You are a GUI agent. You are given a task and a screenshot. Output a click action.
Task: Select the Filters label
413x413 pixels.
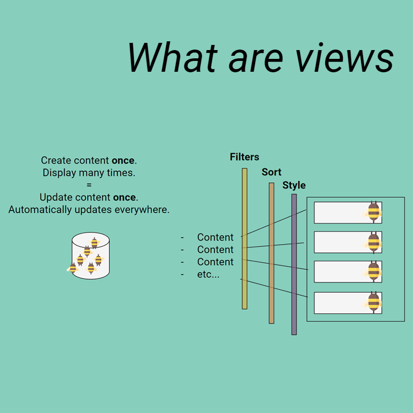[244, 157]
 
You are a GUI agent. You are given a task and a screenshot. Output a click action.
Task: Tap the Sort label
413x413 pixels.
[272, 172]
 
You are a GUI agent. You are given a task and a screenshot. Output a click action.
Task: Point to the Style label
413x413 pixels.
[294, 185]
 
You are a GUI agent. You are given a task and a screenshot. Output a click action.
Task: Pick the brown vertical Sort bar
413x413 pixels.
[272, 253]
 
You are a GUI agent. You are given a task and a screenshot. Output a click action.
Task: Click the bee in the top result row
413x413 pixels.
[374, 212]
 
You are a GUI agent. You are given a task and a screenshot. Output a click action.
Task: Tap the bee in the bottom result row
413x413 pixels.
[374, 303]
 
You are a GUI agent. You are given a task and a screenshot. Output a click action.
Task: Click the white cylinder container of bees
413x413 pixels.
[91, 256]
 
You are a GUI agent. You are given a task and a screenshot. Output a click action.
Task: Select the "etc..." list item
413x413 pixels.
[208, 275]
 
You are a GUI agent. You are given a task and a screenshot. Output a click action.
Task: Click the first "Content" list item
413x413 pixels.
[215, 237]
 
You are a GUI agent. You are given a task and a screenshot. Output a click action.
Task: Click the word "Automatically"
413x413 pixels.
[39, 210]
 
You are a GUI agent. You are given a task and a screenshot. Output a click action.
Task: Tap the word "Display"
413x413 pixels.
[60, 173]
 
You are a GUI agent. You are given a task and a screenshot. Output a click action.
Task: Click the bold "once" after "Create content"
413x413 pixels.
[123, 161]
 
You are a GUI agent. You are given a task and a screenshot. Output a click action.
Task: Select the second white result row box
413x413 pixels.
[341, 242]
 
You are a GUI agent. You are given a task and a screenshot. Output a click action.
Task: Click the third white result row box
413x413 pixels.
[341, 272]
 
